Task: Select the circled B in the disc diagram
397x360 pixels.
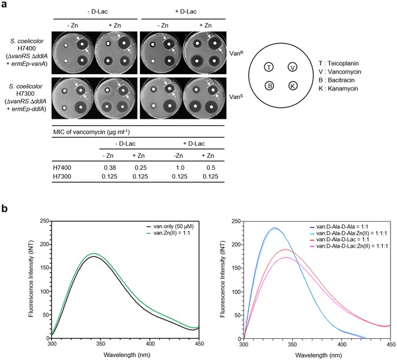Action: tap(268, 86)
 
